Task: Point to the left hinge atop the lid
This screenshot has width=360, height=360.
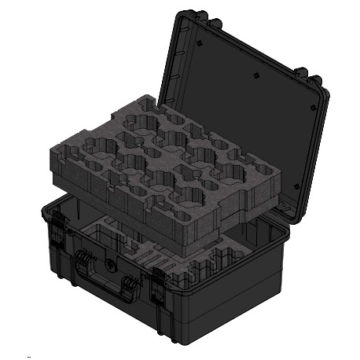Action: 189,17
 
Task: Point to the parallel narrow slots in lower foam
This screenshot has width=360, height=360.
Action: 153,255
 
